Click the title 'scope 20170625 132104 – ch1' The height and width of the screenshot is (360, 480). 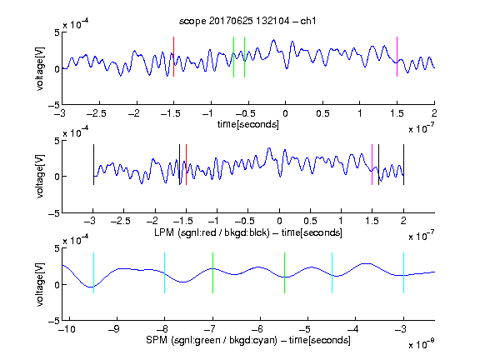pyautogui.click(x=247, y=21)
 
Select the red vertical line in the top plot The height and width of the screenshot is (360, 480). pyautogui.click(x=173, y=57)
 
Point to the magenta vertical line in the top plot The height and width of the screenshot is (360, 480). pyautogui.click(x=397, y=57)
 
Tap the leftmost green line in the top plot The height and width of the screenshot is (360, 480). pyautogui.click(x=233, y=57)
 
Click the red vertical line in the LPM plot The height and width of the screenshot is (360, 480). pyautogui.click(x=186, y=165)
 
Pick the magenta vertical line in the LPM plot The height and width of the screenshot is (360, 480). pyautogui.click(x=372, y=165)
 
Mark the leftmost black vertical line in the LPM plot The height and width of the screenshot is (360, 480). pyautogui.click(x=93, y=165)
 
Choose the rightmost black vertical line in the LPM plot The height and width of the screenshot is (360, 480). pyautogui.click(x=403, y=165)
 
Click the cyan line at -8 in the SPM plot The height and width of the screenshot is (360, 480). pyautogui.click(x=165, y=272)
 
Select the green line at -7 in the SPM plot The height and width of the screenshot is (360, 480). pyautogui.click(x=212, y=272)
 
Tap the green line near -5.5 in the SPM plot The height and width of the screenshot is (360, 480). pyautogui.click(x=284, y=272)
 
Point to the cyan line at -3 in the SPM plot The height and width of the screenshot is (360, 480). pyautogui.click(x=403, y=272)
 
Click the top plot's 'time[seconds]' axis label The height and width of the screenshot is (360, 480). pyautogui.click(x=248, y=124)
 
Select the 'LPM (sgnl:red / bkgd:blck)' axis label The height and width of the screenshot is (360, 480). pyautogui.click(x=212, y=232)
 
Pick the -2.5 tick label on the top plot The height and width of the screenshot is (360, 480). pyautogui.click(x=97, y=113)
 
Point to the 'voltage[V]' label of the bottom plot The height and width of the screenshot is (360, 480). pyautogui.click(x=40, y=284)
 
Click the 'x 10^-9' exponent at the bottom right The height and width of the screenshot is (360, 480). pyautogui.click(x=421, y=344)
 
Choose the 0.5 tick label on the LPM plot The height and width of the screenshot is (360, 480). pyautogui.click(x=310, y=221)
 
